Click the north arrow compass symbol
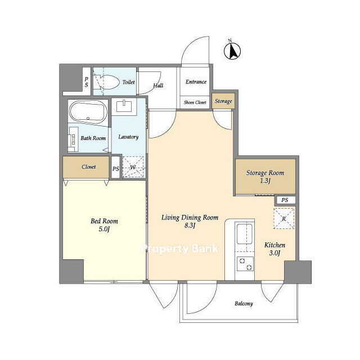point(232,51)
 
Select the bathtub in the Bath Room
point(88,112)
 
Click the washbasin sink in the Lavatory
point(124,106)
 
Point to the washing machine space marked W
point(133,167)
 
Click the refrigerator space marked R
point(283,218)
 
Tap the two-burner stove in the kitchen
point(245,264)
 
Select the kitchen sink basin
point(245,234)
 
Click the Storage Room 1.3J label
point(265,177)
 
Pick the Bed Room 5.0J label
point(104,225)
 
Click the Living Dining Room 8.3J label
point(190,221)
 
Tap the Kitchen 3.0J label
point(274,249)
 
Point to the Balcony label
point(244,304)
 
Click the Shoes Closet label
point(195,102)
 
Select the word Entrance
point(196,82)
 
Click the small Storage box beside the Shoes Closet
point(223,101)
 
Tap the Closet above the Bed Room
point(86,167)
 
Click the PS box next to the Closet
point(115,167)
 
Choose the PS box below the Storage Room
point(285,200)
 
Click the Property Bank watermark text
point(180,249)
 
